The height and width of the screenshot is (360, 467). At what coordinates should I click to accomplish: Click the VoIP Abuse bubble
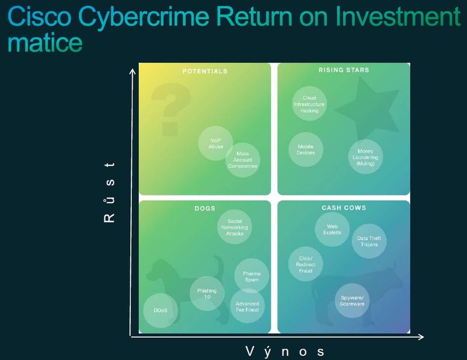click(215, 143)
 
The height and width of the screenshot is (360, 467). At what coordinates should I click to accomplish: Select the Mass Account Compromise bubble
click(243, 160)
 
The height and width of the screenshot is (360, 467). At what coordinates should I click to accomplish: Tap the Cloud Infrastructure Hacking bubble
click(309, 104)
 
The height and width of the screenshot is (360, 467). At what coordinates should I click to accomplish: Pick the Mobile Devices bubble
click(306, 149)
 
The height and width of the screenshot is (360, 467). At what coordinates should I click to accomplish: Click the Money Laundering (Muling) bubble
click(365, 156)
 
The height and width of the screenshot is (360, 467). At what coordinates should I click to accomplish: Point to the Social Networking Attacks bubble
click(235, 227)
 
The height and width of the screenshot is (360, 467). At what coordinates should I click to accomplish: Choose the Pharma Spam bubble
click(252, 276)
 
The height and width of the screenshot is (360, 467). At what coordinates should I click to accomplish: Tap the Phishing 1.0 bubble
click(207, 293)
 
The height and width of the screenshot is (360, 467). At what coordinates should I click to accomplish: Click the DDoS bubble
click(161, 310)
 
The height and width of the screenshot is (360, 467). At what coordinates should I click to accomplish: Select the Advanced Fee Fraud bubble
click(248, 306)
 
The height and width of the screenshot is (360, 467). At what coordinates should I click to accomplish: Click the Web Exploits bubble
click(332, 229)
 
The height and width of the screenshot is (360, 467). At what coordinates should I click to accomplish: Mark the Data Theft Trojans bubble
click(369, 241)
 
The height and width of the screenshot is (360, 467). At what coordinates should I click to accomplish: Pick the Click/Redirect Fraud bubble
click(305, 264)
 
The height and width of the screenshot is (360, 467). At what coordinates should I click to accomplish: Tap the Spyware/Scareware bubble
click(352, 300)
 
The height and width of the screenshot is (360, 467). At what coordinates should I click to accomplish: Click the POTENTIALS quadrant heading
click(205, 71)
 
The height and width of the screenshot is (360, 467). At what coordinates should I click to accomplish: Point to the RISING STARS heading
click(344, 70)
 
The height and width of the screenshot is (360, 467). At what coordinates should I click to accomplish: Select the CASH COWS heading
click(344, 208)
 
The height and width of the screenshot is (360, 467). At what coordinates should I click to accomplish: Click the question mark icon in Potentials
click(170, 109)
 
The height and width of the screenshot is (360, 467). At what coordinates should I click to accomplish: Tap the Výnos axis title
click(285, 352)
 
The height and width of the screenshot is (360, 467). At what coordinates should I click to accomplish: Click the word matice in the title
click(45, 43)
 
